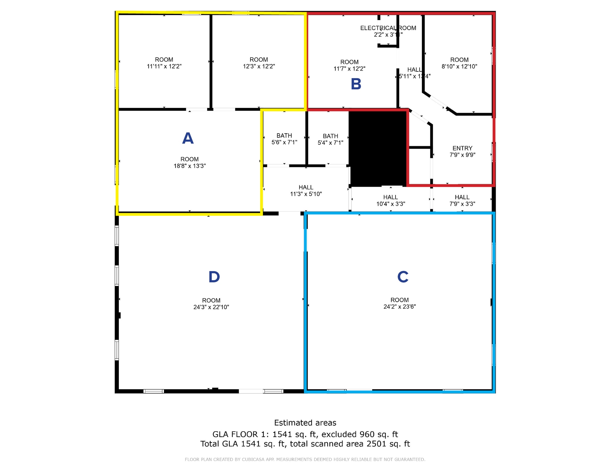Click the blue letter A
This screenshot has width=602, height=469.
(x=188, y=138)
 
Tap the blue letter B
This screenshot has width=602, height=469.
(x=356, y=84)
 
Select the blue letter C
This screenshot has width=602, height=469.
(x=403, y=277)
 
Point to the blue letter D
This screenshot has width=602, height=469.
(x=214, y=277)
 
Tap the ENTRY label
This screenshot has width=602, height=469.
(x=462, y=148)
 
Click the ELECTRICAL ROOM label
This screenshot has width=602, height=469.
(x=388, y=28)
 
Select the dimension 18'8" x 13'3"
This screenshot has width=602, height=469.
(x=190, y=166)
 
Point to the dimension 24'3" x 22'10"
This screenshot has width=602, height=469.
(x=211, y=307)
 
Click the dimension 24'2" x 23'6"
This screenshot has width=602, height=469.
(x=399, y=307)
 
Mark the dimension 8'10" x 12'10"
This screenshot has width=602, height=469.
(x=459, y=67)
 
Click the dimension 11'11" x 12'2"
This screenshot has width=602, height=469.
(x=164, y=66)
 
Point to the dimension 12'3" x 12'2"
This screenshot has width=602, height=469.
(x=259, y=66)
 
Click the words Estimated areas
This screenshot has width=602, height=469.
(x=305, y=423)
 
